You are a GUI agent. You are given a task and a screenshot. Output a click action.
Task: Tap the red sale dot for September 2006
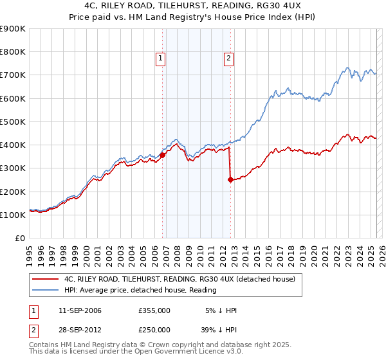(163, 155)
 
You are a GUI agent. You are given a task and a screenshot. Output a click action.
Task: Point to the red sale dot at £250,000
(230, 179)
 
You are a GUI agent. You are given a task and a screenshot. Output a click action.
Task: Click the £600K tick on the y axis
(12, 98)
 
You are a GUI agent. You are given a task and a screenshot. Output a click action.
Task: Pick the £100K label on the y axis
(12, 215)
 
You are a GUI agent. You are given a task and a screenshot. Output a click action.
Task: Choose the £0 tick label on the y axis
(19, 238)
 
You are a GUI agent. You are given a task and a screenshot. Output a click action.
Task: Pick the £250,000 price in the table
(154, 329)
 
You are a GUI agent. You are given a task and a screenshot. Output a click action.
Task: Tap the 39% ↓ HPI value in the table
(221, 329)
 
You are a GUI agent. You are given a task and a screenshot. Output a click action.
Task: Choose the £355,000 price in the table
(154, 311)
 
